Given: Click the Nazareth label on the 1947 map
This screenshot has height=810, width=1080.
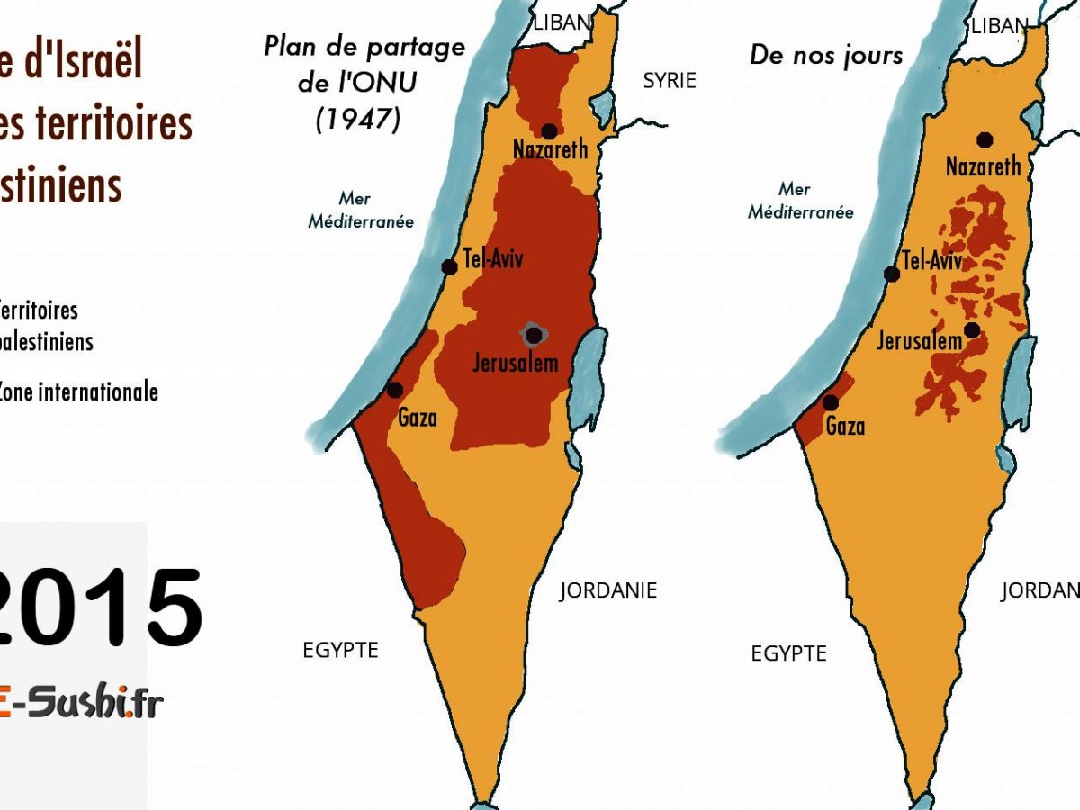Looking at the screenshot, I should tap(550, 148).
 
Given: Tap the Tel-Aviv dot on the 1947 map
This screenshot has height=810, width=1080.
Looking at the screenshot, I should tap(449, 267).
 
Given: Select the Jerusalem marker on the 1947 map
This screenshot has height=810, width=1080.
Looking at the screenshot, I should tap(534, 336).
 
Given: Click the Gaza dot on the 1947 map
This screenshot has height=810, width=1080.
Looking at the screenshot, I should tap(394, 390).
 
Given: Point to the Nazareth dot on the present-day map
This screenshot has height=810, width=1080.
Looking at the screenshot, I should tap(985, 139).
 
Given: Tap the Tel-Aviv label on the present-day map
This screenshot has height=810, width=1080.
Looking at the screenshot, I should tap(932, 261).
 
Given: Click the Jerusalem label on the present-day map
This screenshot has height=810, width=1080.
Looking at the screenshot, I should tap(919, 342).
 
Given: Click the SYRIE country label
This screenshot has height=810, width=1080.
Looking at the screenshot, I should tap(669, 81).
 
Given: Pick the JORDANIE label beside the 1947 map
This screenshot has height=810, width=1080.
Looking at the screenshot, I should tap(608, 590).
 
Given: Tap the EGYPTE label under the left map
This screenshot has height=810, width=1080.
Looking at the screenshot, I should tap(340, 650).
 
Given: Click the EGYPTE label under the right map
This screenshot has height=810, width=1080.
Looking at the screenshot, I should tap(788, 653).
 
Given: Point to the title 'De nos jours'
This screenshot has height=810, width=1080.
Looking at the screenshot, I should tap(825, 56).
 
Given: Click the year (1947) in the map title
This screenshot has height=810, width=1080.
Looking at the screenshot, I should tap(358, 119).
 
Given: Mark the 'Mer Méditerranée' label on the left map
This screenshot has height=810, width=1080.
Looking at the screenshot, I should tap(360, 210).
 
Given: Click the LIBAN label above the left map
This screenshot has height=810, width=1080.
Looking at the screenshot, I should tap(562, 22).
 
